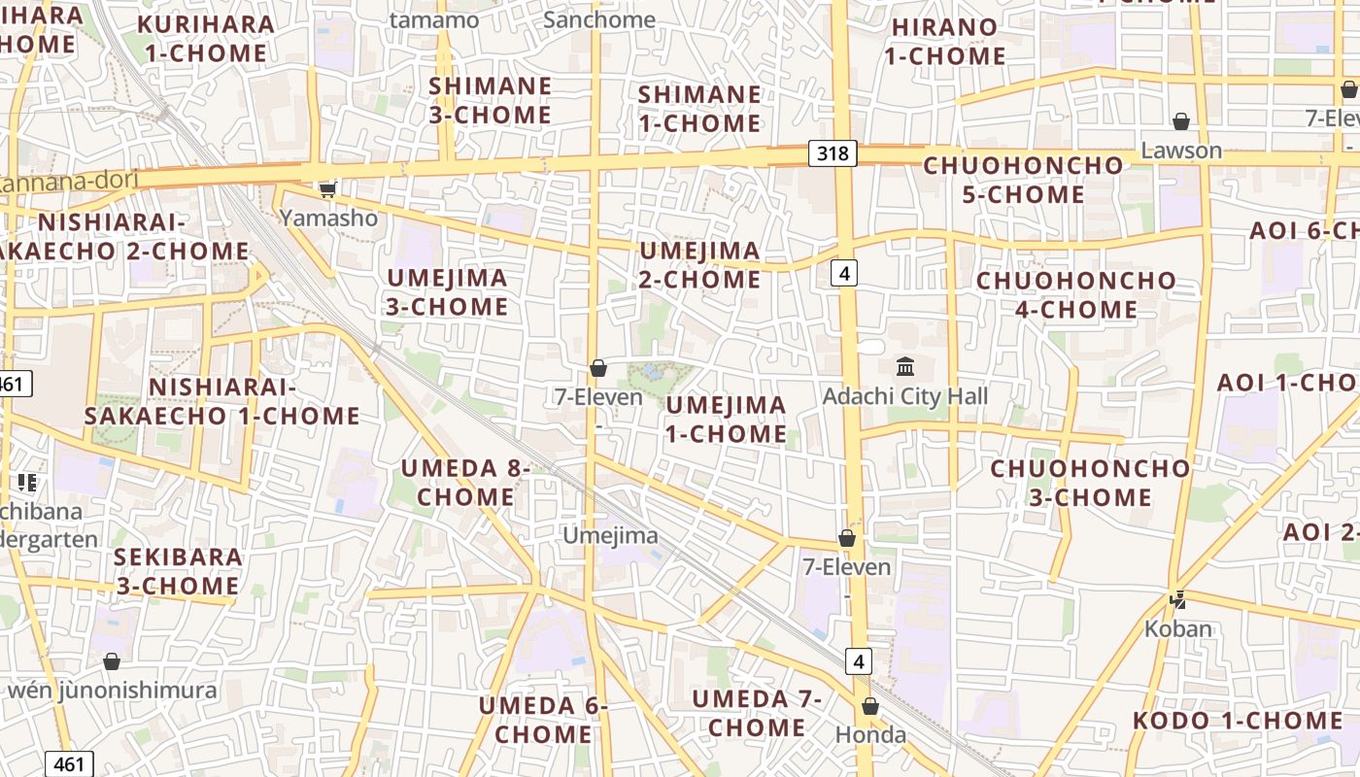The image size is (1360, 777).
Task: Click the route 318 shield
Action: click(833, 152)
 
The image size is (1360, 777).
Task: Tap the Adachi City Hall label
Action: click(904, 396)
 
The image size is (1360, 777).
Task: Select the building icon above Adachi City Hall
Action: click(905, 367)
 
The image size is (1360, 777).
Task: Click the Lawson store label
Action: click(1181, 151)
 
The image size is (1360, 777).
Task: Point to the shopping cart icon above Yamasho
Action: click(328, 188)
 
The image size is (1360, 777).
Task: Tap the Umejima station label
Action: click(611, 535)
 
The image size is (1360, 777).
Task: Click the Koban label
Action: click(1178, 628)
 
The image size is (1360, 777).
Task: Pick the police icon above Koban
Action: click(1178, 600)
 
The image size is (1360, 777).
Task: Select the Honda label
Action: click(870, 735)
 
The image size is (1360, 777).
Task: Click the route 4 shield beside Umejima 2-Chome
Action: click(844, 274)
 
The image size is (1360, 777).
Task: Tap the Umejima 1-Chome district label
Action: click(727, 420)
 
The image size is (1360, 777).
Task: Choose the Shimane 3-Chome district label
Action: click(491, 100)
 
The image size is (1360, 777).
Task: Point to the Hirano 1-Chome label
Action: click(944, 42)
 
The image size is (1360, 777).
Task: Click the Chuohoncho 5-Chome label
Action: click(1023, 180)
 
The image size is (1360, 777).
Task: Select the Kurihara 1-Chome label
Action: click(205, 39)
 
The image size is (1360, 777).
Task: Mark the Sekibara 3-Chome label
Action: click(178, 571)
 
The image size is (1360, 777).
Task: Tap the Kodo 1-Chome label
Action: click(1238, 721)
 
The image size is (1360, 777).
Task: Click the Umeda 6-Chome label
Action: click(542, 720)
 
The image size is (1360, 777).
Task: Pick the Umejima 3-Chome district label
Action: click(448, 292)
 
